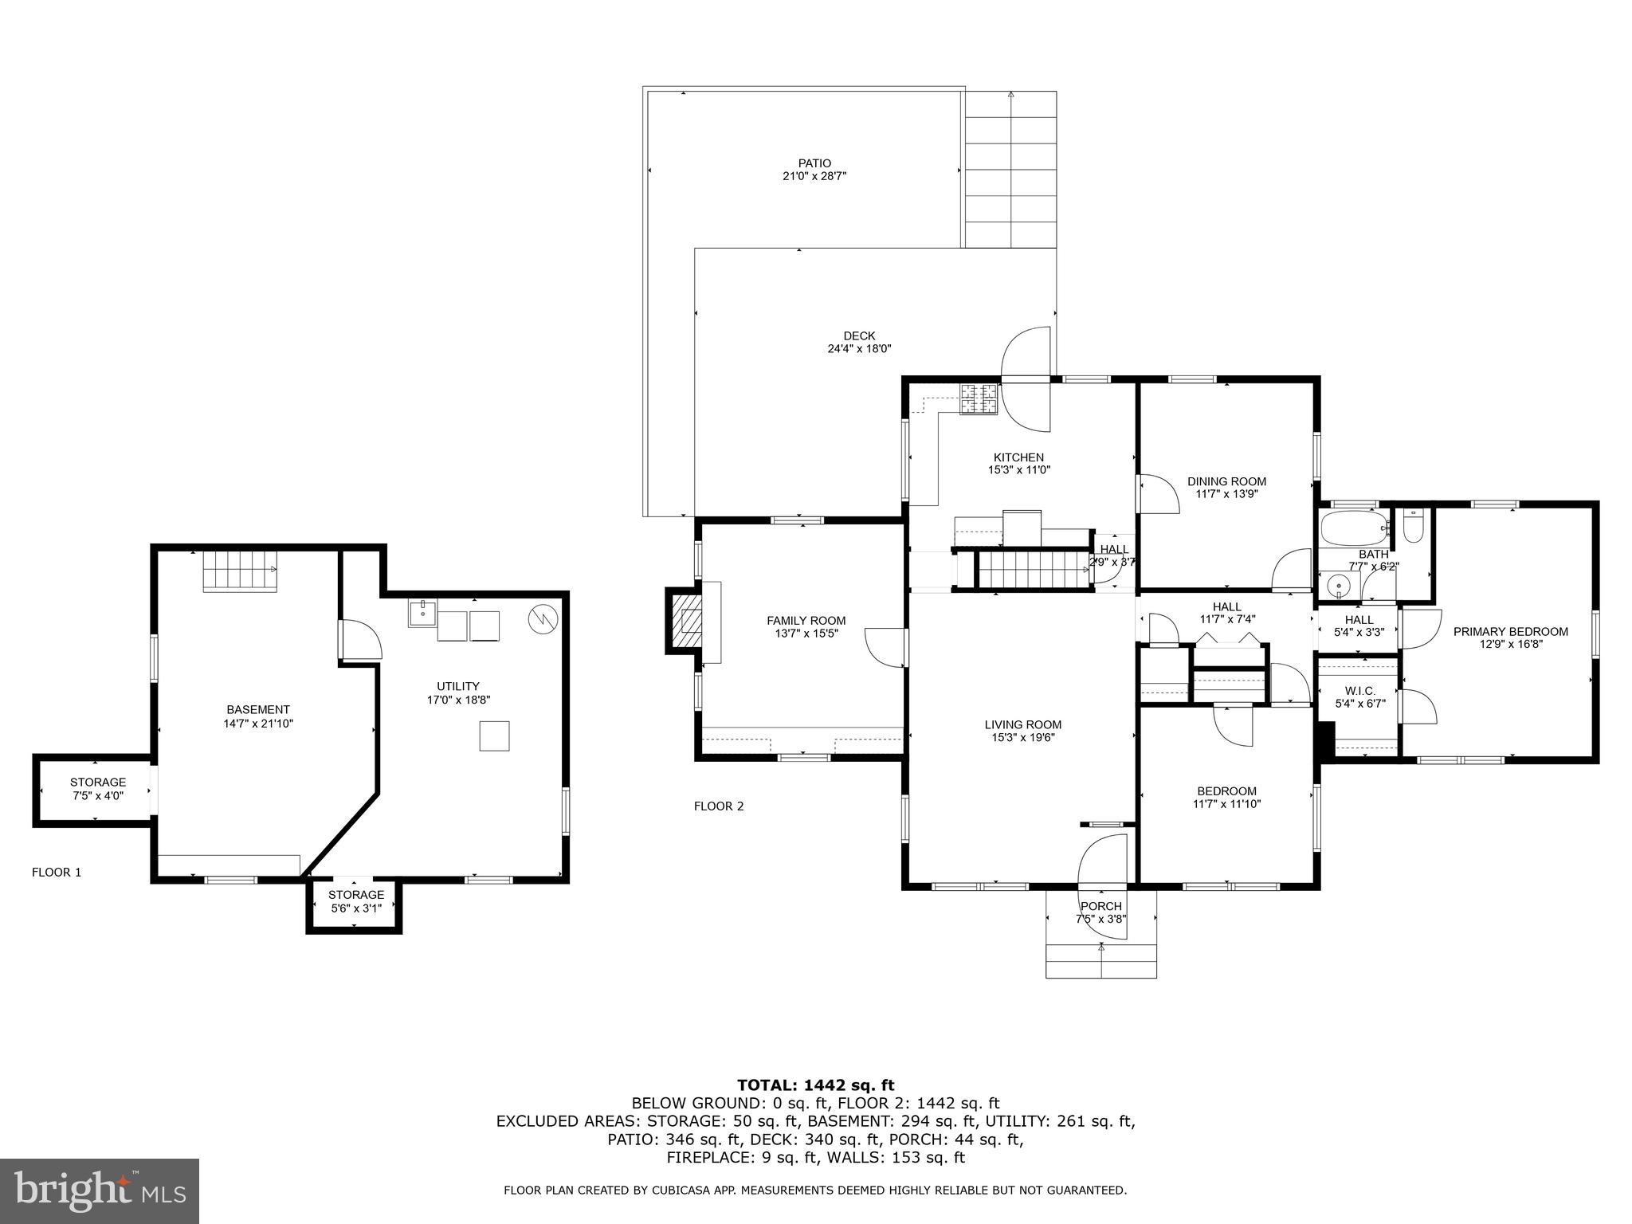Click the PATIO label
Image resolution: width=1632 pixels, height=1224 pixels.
point(814,163)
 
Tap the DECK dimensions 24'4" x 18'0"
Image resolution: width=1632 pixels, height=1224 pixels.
point(859,348)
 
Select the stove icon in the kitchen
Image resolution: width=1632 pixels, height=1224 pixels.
point(978,399)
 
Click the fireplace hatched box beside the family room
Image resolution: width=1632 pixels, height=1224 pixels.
point(685,621)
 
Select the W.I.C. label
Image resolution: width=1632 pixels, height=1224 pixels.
point(1359,690)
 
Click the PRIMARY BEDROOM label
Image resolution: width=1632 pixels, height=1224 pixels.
point(1510,631)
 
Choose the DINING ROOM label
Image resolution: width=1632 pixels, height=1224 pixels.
point(1226,481)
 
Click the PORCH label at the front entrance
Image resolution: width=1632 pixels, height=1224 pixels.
point(1100,906)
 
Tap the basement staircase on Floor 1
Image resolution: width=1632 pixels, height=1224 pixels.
point(239,571)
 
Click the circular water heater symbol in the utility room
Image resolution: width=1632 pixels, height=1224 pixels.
point(543,618)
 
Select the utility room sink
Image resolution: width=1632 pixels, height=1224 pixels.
point(422,614)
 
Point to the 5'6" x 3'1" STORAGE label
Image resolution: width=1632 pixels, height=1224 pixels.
point(356,895)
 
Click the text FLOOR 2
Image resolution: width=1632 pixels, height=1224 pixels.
point(718,806)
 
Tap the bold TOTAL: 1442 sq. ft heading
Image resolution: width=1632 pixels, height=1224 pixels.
point(815,1085)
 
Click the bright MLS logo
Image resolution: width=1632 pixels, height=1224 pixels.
point(100,1191)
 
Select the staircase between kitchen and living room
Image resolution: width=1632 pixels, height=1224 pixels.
point(1033,570)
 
